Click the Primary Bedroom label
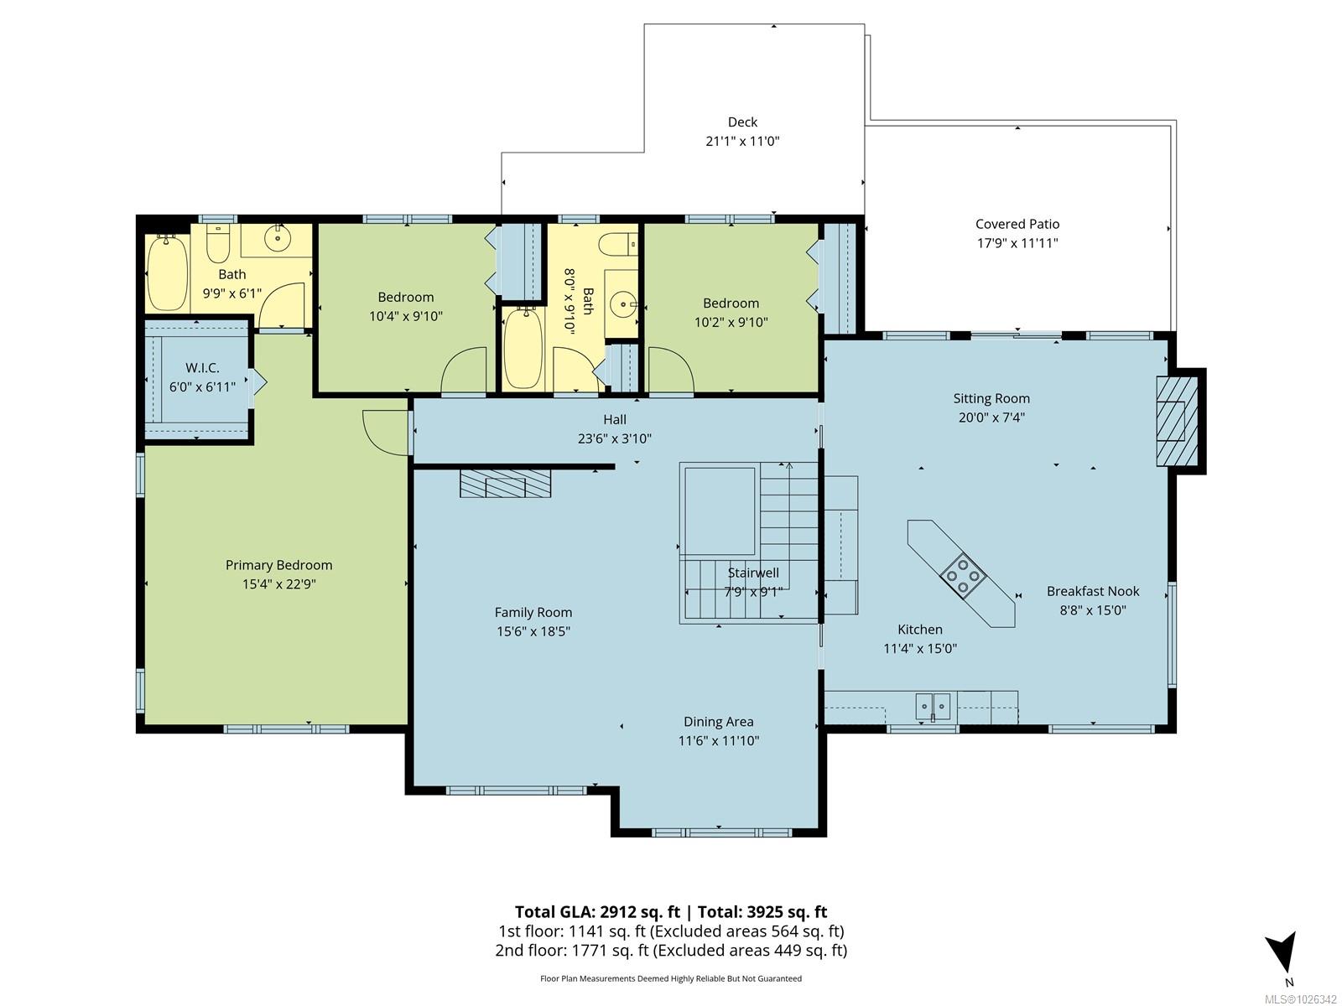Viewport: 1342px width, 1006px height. [278, 565]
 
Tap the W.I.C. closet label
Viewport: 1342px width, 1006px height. [202, 368]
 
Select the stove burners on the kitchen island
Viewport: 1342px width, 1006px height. [963, 575]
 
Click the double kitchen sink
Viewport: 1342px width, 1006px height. [933, 707]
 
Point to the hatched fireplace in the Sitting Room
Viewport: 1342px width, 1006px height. [1176, 422]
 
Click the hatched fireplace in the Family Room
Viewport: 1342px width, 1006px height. [506, 483]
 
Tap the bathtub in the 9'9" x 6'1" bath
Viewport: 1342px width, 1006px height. [167, 272]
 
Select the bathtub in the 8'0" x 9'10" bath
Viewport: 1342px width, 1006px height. [523, 348]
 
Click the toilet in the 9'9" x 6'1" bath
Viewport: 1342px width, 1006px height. [217, 243]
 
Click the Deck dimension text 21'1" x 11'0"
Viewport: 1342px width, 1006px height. [742, 141]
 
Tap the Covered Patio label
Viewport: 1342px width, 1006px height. [1017, 224]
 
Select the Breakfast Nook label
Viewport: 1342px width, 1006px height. [1093, 591]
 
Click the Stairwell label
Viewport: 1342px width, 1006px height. [753, 573]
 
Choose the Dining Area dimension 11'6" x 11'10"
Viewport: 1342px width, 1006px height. [718, 741]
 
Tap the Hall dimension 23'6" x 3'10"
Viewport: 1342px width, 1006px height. [615, 438]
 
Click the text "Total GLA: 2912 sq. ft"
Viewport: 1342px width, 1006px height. [597, 912]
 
